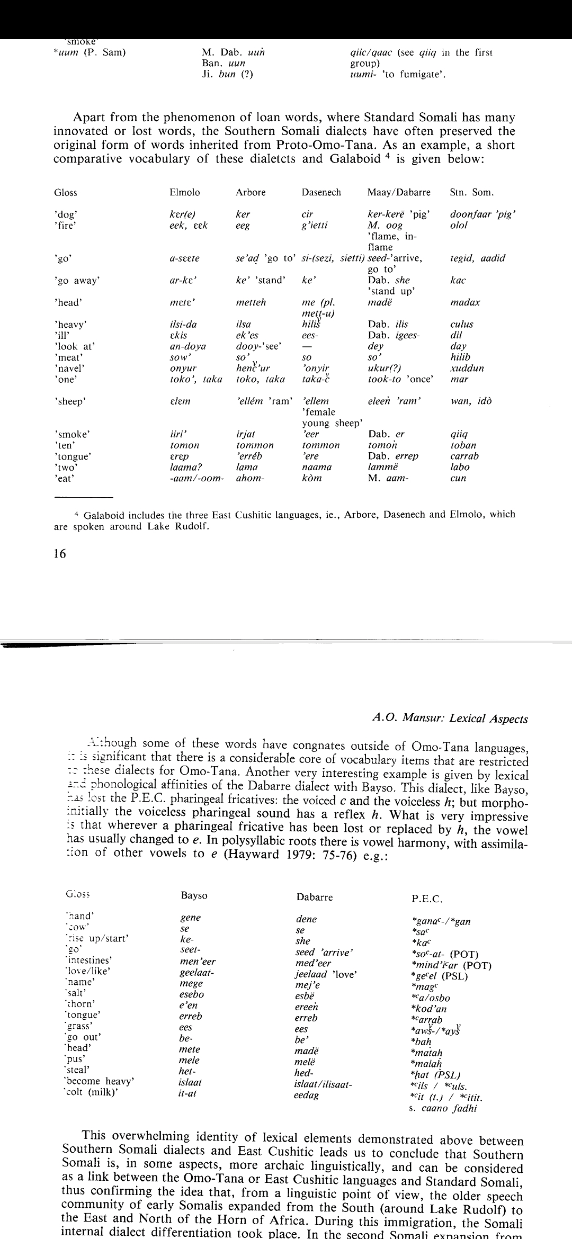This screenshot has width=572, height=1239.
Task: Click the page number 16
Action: coord(60,554)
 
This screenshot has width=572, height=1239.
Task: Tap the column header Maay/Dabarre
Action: coord(399,192)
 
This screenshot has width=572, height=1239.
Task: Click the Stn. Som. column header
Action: coord(471,192)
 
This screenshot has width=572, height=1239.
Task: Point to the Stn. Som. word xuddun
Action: coord(467,368)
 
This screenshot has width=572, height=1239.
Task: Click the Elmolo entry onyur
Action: coord(183,368)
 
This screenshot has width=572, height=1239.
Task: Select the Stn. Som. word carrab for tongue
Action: coord(464,456)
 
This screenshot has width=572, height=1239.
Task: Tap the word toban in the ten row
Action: coord(463,445)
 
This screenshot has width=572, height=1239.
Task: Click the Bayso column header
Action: coord(194,895)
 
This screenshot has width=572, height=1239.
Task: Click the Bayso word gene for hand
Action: coord(191,918)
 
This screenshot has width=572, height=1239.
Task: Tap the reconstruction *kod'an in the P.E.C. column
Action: coord(430,1009)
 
